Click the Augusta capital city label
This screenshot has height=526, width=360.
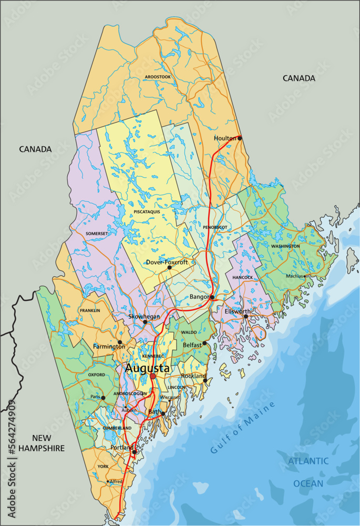[x=147, y=369]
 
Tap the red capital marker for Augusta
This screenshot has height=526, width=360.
[x=153, y=377]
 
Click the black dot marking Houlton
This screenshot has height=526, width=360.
[x=240, y=138]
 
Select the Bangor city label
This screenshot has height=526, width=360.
[x=199, y=297]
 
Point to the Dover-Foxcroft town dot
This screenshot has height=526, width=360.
[x=169, y=267]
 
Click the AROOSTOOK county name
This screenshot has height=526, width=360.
[x=158, y=77]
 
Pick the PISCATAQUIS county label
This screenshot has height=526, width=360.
[x=147, y=211]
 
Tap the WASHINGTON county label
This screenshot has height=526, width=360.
[x=285, y=246]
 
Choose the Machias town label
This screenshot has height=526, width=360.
[x=294, y=276]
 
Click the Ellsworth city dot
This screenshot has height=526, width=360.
[x=245, y=316]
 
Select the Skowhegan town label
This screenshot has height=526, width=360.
[x=143, y=317]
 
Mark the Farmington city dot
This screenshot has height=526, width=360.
[x=120, y=342]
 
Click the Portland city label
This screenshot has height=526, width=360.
[x=122, y=448]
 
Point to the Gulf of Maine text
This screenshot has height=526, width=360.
[x=242, y=428]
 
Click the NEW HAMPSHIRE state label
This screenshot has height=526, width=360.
[x=41, y=443]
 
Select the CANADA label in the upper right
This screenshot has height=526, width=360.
[x=299, y=78]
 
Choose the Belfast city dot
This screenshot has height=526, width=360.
[x=205, y=343]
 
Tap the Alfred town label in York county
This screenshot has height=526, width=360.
[x=116, y=481]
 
